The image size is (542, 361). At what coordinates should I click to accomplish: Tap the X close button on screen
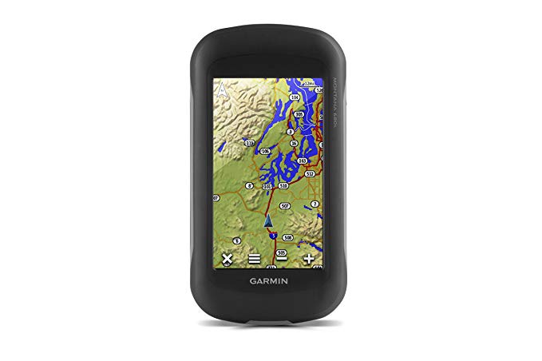coord(227,259)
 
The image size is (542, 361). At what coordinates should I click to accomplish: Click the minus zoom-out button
coord(281,259)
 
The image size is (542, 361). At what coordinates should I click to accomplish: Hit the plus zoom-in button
coord(309,259)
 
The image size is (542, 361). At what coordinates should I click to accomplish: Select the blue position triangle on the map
coord(269,219)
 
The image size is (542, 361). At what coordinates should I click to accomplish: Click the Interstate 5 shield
coord(274,235)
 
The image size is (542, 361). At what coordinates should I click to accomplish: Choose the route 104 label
coord(295,97)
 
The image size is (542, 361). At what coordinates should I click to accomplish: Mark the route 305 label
coord(299,115)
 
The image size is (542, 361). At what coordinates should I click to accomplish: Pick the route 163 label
coord(303,161)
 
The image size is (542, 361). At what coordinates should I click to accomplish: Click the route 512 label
coord(310,173)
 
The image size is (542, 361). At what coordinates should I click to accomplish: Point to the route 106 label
coord(265,150)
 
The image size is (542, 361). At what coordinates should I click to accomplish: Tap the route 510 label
coord(283,185)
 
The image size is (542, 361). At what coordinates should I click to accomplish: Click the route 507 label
coord(286,205)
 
